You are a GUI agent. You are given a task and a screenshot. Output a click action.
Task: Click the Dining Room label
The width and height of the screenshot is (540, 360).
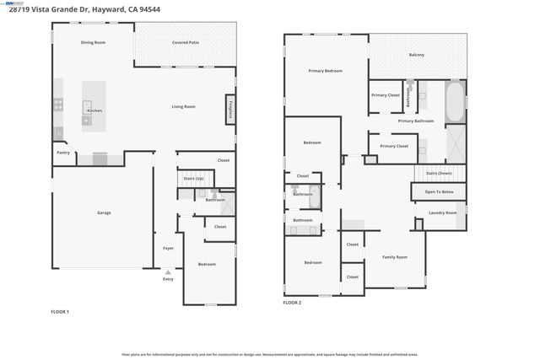[x=93, y=42]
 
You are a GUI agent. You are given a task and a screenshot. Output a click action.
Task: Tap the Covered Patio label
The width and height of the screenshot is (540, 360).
[x=186, y=42]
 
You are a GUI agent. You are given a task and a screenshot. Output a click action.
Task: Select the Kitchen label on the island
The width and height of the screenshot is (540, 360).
[x=95, y=111]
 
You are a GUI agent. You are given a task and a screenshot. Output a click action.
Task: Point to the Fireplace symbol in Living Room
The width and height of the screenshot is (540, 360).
[x=229, y=110]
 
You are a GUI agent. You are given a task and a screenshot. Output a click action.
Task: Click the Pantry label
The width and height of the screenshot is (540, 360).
[x=63, y=153]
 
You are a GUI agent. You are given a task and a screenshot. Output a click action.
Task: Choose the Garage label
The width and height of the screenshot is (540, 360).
[x=104, y=212]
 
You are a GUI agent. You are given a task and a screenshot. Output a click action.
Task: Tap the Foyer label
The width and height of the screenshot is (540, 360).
[x=169, y=248]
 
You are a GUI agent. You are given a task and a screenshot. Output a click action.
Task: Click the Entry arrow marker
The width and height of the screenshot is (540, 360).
[x=168, y=271]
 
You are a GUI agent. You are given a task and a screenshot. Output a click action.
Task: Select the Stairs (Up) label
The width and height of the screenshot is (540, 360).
[x=194, y=178]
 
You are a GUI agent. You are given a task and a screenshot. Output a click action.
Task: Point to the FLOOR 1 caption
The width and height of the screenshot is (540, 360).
[x=60, y=312]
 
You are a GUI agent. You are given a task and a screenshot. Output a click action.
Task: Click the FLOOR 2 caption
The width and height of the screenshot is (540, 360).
[x=292, y=301]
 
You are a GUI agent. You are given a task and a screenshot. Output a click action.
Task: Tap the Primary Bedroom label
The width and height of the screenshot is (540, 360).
[x=325, y=71]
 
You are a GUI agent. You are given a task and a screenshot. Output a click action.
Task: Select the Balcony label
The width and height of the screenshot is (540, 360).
[x=417, y=55]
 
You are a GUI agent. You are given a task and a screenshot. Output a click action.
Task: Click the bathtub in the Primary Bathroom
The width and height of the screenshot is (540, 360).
[x=454, y=101]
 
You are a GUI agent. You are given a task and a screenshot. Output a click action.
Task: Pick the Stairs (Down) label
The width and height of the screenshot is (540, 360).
[x=439, y=173]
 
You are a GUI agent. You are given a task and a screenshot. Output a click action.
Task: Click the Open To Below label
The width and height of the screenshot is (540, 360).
[x=439, y=192]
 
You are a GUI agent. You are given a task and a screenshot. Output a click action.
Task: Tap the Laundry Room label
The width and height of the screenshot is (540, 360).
[x=442, y=212]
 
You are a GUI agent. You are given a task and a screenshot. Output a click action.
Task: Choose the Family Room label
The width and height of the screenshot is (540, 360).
[x=395, y=256]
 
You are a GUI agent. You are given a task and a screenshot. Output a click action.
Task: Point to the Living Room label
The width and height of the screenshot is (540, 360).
[x=184, y=106]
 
